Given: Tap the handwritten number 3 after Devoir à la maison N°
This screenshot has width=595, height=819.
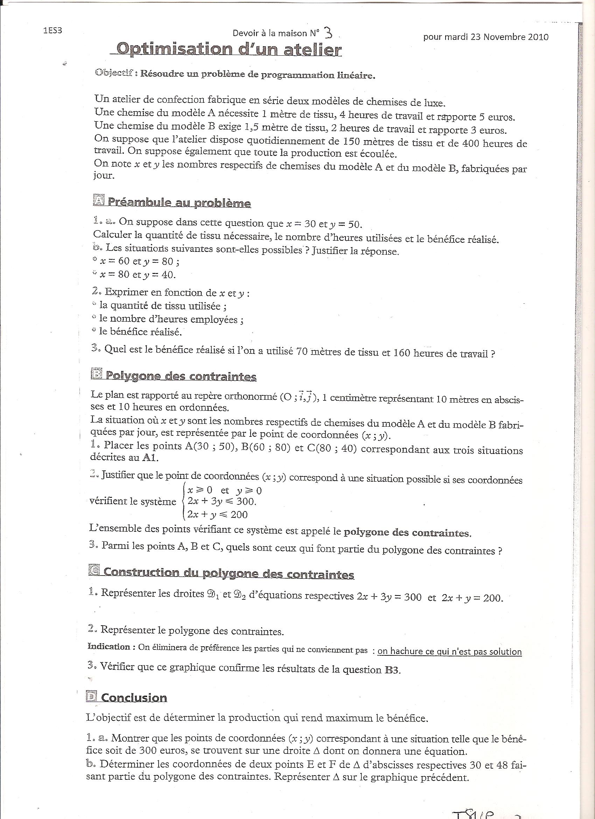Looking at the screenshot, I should [328, 33].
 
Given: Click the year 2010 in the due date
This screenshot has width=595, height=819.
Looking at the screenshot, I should [538, 37].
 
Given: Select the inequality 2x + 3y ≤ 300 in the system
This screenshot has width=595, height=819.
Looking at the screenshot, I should [222, 501].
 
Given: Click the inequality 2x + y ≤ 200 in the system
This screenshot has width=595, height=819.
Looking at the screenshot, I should [217, 514].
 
